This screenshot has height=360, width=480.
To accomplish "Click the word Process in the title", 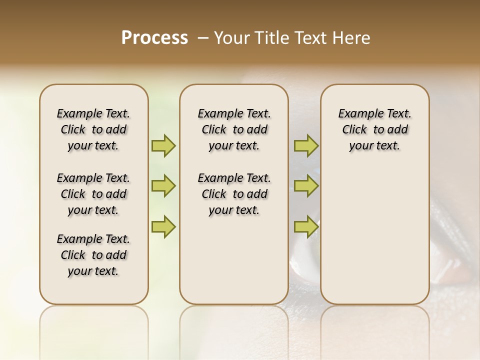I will click(x=154, y=38).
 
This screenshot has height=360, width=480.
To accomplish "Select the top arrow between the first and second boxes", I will click(x=163, y=145).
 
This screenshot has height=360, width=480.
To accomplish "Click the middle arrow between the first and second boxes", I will click(x=163, y=186).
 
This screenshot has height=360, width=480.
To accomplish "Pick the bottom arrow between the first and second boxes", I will click(x=163, y=227).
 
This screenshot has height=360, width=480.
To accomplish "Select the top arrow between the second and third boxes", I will click(x=306, y=145).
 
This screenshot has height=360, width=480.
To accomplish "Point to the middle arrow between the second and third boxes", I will click(x=306, y=186).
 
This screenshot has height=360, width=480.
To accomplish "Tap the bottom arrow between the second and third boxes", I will click(x=306, y=227).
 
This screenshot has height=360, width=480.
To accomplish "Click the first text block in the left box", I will click(x=93, y=129).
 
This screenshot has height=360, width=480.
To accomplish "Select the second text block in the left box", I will click(x=93, y=194).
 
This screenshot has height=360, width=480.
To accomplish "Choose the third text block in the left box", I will click(x=93, y=255).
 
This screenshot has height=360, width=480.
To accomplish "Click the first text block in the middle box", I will click(x=234, y=129).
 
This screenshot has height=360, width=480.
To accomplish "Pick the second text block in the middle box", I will click(x=234, y=194).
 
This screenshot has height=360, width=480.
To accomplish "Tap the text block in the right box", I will click(x=375, y=129).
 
